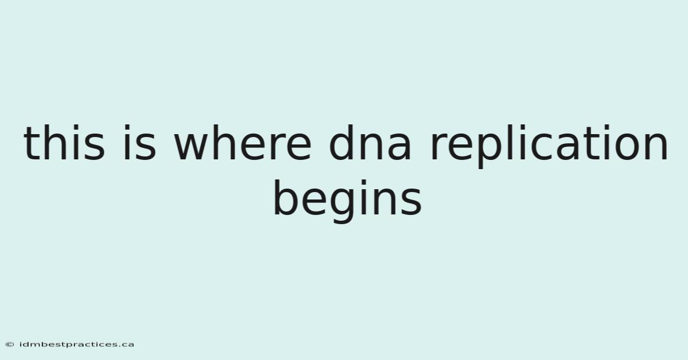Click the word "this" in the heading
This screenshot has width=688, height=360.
(64, 143)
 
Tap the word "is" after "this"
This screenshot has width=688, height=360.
(140, 143)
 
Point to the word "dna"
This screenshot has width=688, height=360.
(370, 143)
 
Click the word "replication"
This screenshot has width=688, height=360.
(549, 146)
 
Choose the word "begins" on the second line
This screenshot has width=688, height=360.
(347, 201)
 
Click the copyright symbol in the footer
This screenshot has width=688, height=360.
(10, 345)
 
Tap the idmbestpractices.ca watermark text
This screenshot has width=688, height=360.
(76, 345)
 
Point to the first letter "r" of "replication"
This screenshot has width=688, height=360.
(439, 147)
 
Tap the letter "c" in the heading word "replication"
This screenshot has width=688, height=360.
(542, 147)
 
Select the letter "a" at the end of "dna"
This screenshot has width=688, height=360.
(399, 147)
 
